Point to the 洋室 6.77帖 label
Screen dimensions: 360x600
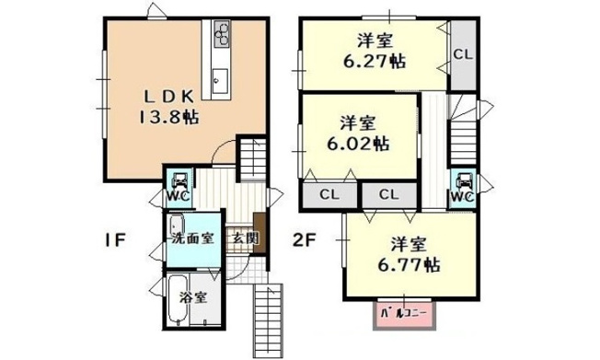pyautogui.click(x=408, y=254)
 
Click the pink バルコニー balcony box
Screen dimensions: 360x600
pyautogui.click(x=405, y=315)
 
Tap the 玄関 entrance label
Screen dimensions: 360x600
pyautogui.click(x=244, y=238)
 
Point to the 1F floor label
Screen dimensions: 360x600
pyautogui.click(x=113, y=241)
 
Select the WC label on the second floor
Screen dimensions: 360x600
pyautogui.click(x=462, y=196)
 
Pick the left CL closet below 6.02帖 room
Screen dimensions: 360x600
pyautogui.click(x=327, y=195)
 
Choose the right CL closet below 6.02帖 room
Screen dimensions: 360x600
pyautogui.click(x=387, y=195)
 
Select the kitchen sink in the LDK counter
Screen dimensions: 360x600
pyautogui.click(x=221, y=79)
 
